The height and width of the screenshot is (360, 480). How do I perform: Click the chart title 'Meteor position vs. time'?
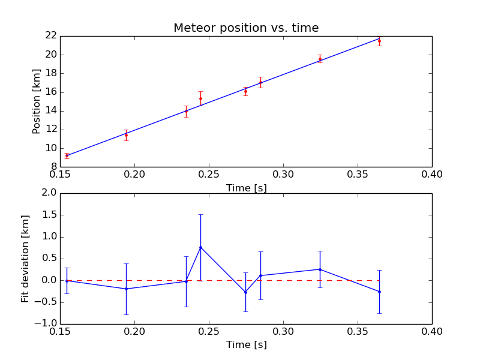(x=246, y=28)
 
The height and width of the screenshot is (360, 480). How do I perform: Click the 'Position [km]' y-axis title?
(x=36, y=101)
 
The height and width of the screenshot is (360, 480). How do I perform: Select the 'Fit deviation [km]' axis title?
(x=25, y=259)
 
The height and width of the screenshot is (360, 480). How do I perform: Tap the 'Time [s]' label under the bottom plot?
(x=247, y=344)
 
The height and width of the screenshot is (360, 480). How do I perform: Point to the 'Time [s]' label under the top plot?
(x=247, y=188)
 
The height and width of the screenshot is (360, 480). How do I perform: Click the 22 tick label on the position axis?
(x=51, y=35)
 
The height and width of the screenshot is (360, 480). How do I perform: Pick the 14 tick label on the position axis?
(x=51, y=110)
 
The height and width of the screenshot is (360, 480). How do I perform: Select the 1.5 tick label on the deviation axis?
(x=49, y=215)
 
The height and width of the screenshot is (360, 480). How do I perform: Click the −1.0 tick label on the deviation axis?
(x=46, y=323)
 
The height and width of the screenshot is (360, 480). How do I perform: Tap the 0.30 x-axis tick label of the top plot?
(x=283, y=175)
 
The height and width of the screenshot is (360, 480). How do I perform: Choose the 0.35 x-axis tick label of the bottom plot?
(x=358, y=332)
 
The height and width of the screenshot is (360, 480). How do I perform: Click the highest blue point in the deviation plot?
(x=201, y=247)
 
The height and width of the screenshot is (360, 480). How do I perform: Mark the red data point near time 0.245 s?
(x=201, y=98)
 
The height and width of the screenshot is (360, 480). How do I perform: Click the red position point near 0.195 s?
(x=126, y=135)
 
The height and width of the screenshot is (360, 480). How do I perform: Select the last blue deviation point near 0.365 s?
(x=380, y=292)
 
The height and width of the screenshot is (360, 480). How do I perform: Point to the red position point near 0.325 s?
(x=320, y=59)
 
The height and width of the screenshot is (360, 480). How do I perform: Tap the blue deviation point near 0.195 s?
(x=126, y=289)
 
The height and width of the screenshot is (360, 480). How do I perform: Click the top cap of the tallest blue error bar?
(x=201, y=215)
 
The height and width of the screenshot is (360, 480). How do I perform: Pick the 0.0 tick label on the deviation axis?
(x=49, y=280)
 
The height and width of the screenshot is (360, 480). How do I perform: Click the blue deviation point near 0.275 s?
(x=245, y=292)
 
